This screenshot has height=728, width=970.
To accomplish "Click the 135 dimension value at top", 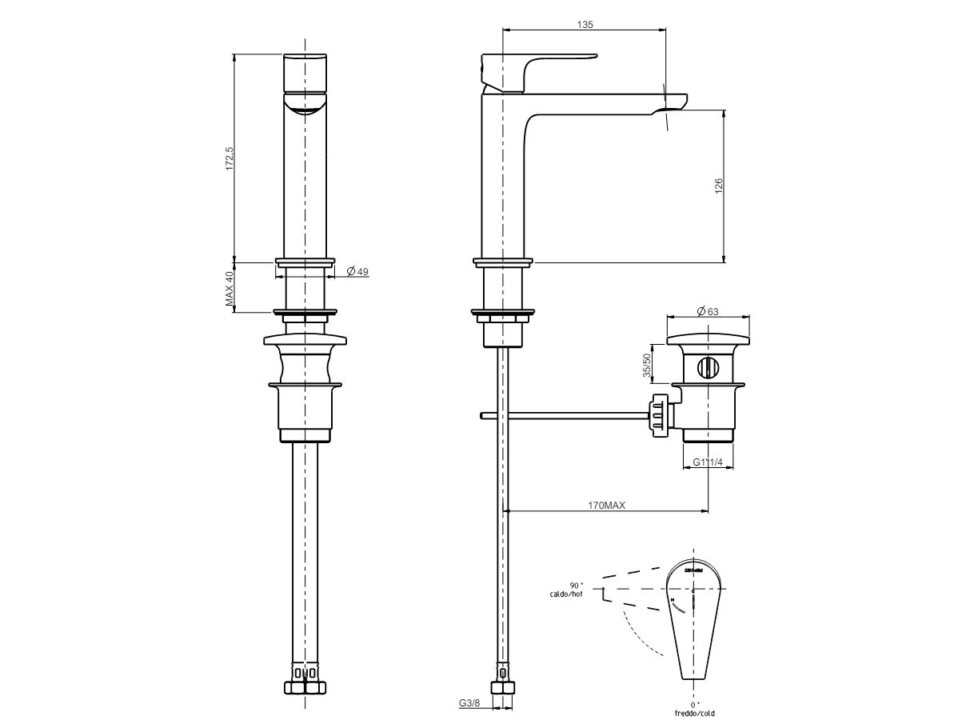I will [x=584, y=25].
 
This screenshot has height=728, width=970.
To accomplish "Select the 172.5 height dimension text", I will [x=229, y=158].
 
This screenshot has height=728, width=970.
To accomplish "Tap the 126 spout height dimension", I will [x=718, y=186].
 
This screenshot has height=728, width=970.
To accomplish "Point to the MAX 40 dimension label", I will [x=229, y=289].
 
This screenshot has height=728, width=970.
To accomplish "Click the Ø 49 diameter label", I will [x=357, y=272].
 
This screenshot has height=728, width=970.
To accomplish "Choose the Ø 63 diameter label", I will [x=707, y=310].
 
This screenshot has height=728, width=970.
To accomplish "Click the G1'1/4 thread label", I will [x=708, y=462].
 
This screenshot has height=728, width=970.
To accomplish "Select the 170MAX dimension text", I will [x=606, y=505].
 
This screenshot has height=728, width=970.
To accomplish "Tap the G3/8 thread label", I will [x=469, y=703].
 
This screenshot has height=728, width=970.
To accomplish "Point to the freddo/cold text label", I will [x=693, y=712].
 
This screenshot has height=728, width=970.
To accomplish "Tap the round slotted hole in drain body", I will [x=708, y=368].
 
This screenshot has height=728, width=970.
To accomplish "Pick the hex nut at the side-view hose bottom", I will [x=503, y=689].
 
